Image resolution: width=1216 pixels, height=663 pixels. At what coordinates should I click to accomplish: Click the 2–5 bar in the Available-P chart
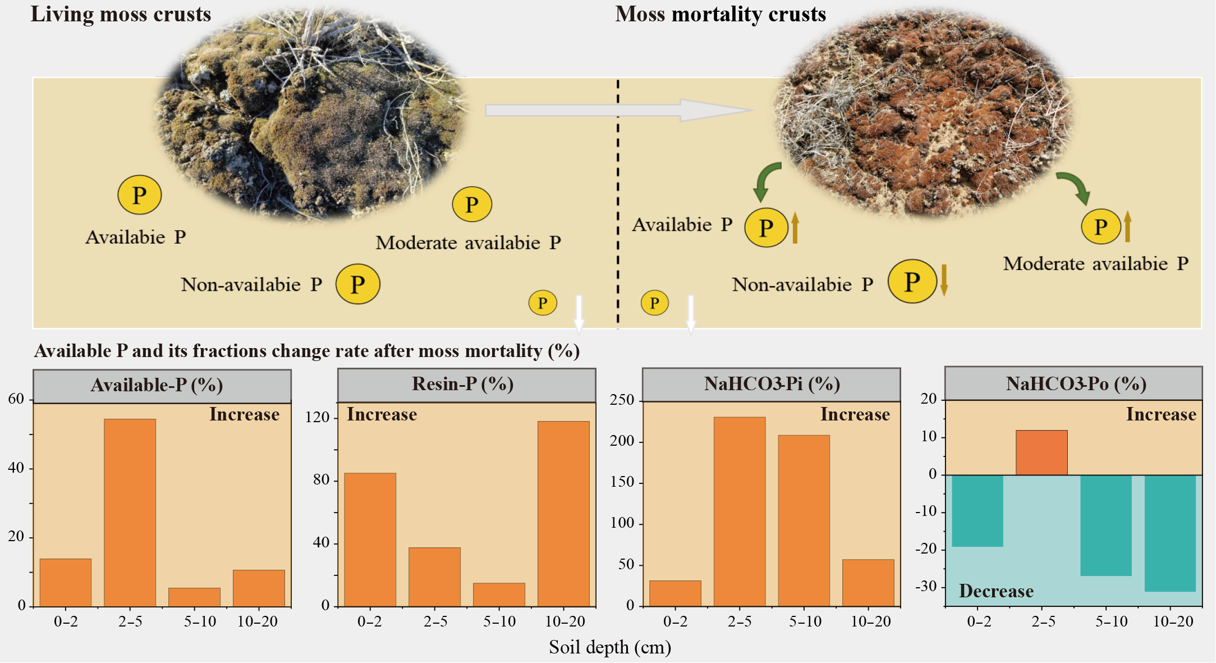coord(130,512)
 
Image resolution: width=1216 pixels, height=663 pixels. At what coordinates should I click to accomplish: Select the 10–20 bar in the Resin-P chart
coord(563,513)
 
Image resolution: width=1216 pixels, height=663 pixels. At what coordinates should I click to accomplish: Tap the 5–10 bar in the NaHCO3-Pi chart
coord(804,520)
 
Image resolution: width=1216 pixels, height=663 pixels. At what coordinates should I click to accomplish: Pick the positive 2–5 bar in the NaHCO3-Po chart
coord(1041,452)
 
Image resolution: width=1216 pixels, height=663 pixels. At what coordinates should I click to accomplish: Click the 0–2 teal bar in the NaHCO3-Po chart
coord(977,511)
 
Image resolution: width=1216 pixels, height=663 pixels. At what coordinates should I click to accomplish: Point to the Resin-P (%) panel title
coord(462,384)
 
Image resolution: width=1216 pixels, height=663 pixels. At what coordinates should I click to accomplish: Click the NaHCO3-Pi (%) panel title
coord(772,384)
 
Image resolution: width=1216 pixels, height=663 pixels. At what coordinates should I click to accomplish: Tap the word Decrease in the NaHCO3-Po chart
coord(996,591)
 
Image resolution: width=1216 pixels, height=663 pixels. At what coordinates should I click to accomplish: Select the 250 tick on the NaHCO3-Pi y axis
coord(622,400)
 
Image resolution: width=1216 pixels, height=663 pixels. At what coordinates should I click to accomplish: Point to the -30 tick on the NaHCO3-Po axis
coord(926,587)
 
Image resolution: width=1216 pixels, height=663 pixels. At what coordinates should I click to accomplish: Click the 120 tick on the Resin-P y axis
coord(317,417)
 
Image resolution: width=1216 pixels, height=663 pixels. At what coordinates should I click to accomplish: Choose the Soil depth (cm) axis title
coord(610,647)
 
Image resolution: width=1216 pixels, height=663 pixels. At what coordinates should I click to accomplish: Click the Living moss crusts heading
coord(121,14)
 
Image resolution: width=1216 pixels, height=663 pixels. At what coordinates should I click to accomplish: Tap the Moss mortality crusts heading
coord(721,14)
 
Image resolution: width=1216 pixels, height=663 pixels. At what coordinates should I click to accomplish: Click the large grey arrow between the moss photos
coord(617,111)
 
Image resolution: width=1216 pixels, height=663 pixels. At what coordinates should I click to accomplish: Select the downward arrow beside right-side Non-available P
coord(944,280)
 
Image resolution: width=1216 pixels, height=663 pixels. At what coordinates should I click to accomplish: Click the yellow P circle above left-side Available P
coord(139,195)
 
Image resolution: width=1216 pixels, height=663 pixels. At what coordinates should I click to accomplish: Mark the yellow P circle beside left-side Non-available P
coord(357,284)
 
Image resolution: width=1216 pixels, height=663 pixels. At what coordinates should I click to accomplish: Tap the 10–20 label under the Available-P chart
coord(258,621)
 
